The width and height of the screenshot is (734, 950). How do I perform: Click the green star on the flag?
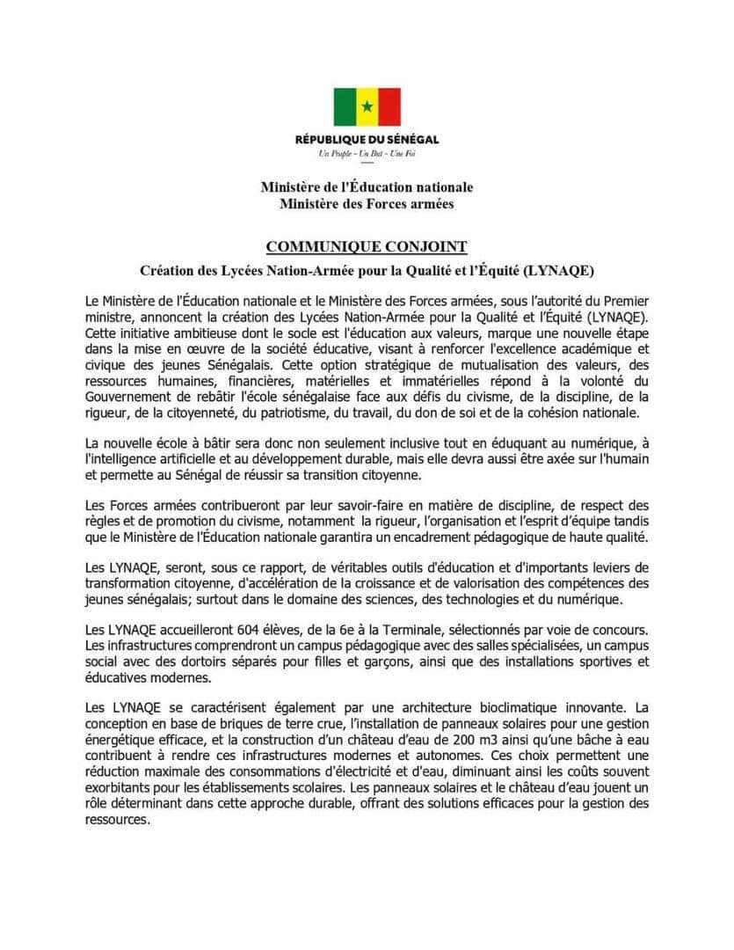coord(367,107)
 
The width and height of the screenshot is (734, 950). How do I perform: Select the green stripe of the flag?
coord(344,107)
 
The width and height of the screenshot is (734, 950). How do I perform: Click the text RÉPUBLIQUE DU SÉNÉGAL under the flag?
coord(367,139)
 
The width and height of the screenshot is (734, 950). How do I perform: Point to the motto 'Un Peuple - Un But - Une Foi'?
coord(367,154)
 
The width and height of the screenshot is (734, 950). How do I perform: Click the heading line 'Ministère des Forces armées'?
coord(367,204)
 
